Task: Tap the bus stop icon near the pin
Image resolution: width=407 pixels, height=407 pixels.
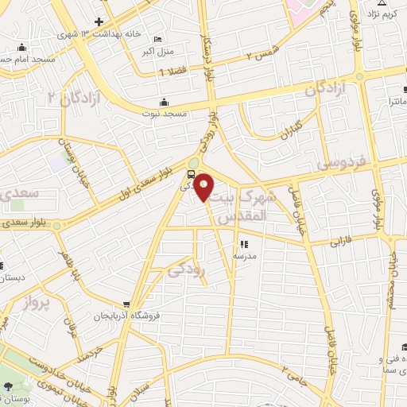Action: click(191, 175)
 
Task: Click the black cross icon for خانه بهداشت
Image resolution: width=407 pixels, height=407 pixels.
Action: click(99, 21)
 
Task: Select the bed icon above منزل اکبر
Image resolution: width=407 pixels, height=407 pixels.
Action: click(157, 40)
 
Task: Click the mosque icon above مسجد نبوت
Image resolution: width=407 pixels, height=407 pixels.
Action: click(165, 102)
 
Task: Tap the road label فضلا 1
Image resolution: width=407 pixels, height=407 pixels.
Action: click(170, 72)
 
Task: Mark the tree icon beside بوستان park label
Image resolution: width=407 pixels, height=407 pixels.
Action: click(9, 387)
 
